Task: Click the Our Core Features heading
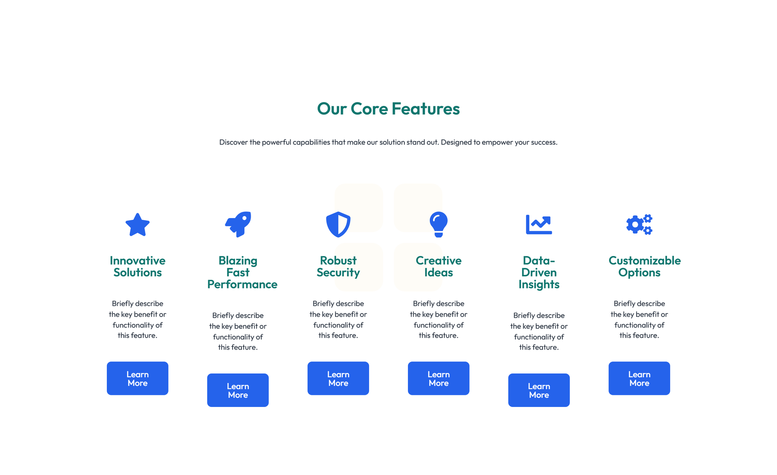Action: (x=388, y=109)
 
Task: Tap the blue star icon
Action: (x=137, y=225)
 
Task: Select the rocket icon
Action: (x=238, y=224)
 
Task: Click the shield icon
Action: (x=338, y=224)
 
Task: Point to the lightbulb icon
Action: (x=439, y=224)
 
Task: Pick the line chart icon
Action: (x=539, y=224)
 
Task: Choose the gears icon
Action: (x=639, y=224)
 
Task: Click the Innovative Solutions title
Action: (x=137, y=267)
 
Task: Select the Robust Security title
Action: (x=338, y=267)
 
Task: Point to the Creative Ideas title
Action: (x=439, y=267)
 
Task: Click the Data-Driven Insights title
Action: (x=539, y=272)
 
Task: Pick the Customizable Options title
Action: (x=644, y=267)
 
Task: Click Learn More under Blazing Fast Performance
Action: (x=238, y=390)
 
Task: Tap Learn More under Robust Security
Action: (x=338, y=378)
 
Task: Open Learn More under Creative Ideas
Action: (x=439, y=378)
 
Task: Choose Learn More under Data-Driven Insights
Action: (x=539, y=390)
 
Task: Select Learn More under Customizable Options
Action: (x=639, y=378)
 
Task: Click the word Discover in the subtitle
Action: (x=233, y=142)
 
